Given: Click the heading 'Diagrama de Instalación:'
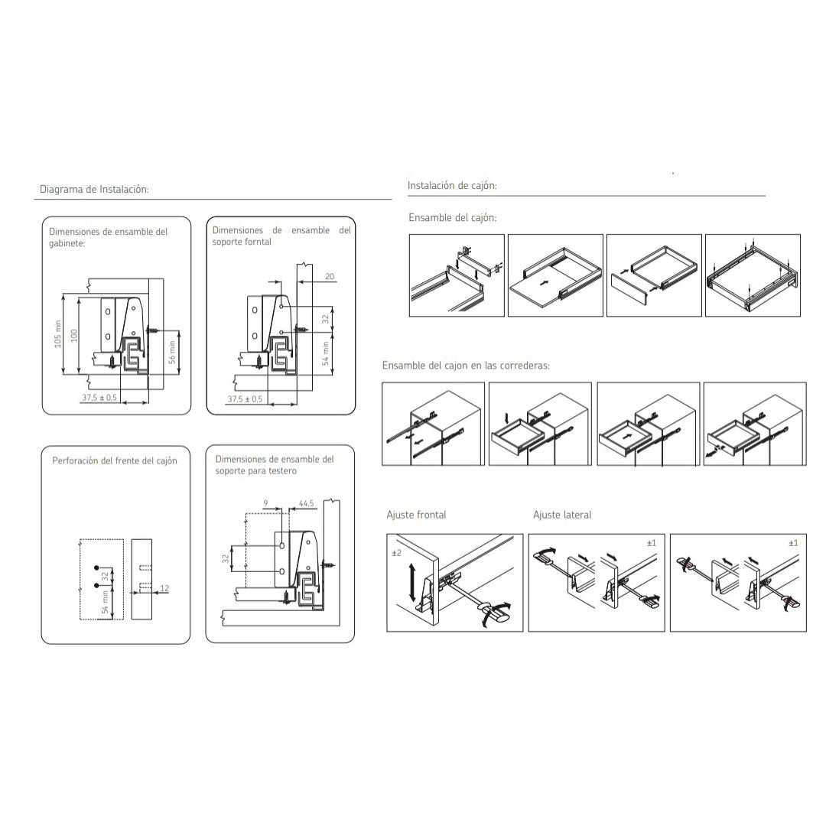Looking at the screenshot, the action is [x=94, y=189].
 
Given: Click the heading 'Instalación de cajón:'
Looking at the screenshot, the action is [x=452, y=185].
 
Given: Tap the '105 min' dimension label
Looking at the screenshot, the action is [x=58, y=334].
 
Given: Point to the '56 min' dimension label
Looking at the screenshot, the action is [x=172, y=353].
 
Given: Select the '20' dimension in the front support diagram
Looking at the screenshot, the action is [x=330, y=277].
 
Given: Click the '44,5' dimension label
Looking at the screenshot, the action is [x=307, y=503].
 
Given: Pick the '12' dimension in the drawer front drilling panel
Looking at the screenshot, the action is [x=164, y=588].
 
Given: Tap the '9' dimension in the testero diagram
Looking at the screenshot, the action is [x=265, y=503].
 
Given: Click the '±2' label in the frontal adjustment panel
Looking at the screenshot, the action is [x=397, y=553].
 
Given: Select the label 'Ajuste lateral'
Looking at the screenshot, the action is [x=562, y=515].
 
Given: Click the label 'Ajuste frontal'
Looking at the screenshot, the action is [x=416, y=515].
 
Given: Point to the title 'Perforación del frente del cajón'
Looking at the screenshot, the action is [x=115, y=460].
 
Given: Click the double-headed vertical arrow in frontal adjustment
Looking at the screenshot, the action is [x=412, y=582].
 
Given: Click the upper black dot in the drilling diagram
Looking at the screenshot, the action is [x=96, y=567].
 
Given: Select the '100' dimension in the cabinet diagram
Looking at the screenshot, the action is [x=74, y=336].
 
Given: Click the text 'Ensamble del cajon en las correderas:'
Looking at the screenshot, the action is [x=466, y=366].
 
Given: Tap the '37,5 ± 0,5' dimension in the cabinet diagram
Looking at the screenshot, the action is [x=99, y=398].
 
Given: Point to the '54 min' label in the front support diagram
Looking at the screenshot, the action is [x=325, y=354].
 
